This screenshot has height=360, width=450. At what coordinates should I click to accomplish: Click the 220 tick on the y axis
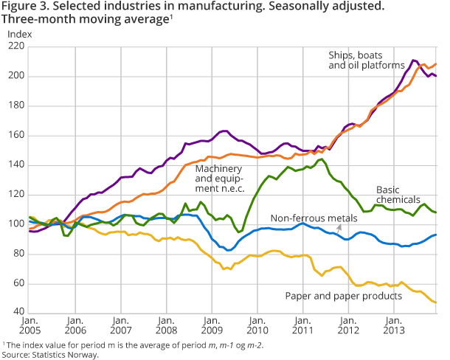[x=15, y=46]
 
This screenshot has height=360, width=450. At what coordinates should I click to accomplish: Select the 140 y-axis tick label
[x=15, y=165]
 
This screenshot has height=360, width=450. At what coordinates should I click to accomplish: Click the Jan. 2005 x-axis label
[x=30, y=328]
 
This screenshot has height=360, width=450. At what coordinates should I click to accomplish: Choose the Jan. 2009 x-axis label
[x=212, y=328]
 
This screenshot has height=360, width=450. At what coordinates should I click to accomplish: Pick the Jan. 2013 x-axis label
[x=394, y=328]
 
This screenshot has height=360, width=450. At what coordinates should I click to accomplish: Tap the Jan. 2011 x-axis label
[x=303, y=328]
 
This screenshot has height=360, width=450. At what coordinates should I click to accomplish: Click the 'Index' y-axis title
[x=18, y=34]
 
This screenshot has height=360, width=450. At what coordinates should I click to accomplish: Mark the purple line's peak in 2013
[x=413, y=60]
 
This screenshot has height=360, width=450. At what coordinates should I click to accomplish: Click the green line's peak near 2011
[x=321, y=159]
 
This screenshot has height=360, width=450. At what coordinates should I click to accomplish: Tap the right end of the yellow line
[x=436, y=302]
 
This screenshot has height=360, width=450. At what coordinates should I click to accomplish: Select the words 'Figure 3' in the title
[x=23, y=8]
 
